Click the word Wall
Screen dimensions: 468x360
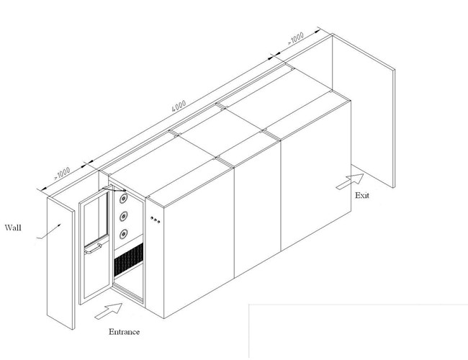pos(13,228)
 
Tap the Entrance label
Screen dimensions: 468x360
pos(124,332)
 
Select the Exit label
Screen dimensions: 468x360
pos(362,196)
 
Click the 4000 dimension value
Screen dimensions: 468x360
pos(179,106)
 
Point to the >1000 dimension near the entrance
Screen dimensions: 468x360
pos(62,173)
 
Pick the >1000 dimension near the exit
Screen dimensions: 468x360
pos(295,38)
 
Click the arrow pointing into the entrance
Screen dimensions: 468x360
pos(109,311)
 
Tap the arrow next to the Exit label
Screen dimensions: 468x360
pos(350,181)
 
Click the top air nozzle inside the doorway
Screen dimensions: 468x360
pos(124,199)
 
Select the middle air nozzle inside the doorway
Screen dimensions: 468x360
pos(124,217)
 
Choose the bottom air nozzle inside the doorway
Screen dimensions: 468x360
pos(124,234)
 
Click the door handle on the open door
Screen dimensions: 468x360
pos(93,249)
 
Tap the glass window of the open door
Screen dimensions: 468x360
pos(96,216)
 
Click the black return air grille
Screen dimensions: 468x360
pos(129,259)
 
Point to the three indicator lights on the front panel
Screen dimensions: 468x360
pos(155,220)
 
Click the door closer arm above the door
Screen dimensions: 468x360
pos(114,189)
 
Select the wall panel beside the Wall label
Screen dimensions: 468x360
pos(60,263)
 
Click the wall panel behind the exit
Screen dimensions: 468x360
pos(364,110)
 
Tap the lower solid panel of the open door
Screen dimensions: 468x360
pos(96,271)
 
